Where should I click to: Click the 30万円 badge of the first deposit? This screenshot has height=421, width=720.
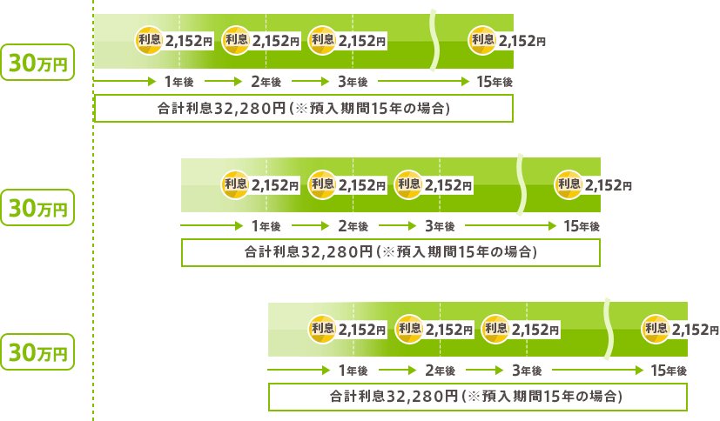[37, 63]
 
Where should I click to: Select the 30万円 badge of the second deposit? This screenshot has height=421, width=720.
[37, 207]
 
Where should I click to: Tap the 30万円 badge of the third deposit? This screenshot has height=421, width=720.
[37, 351]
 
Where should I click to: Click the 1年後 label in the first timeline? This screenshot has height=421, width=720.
[179, 82]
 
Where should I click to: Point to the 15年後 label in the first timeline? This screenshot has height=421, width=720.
[495, 82]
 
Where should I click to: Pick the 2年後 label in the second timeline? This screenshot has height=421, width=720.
[353, 226]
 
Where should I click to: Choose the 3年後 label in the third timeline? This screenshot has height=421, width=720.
[527, 370]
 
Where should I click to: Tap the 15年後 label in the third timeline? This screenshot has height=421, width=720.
[669, 370]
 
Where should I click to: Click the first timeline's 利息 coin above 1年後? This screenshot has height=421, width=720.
[149, 40]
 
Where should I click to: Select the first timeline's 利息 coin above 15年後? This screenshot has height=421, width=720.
[482, 40]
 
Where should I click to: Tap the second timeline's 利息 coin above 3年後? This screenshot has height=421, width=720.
[408, 184]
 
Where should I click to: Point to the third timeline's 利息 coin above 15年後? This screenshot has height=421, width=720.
[656, 329]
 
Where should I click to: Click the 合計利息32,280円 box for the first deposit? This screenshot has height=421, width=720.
[304, 108]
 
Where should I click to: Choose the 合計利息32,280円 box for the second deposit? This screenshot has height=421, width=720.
[391, 252]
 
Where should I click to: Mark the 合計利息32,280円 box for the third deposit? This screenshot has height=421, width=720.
[478, 397]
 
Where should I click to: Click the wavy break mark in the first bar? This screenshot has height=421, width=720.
[434, 40]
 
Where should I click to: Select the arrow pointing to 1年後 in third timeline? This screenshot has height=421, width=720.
[299, 370]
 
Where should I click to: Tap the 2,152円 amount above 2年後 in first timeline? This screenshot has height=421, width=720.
[275, 41]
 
